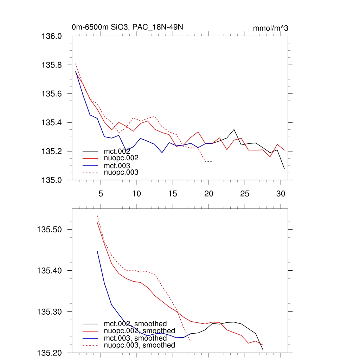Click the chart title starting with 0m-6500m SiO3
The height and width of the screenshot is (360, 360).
[x=127, y=27]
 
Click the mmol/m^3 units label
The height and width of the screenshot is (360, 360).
[x=270, y=28]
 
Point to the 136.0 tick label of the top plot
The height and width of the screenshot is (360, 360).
[x=52, y=36]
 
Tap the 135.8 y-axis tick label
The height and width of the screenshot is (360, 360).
[x=52, y=65]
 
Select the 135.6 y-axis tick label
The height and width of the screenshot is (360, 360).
[x=52, y=94]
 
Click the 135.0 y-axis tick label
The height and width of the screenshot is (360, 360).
[x=52, y=180]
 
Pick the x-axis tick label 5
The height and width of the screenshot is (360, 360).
[x=101, y=193]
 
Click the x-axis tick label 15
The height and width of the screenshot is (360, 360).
[x=172, y=193]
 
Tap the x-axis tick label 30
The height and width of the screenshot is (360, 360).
[x=280, y=193]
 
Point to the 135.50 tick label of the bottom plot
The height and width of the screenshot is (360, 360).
[x=50, y=230]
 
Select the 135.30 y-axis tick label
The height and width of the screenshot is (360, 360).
[x=50, y=312]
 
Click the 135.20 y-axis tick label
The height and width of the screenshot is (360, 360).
[x=50, y=353]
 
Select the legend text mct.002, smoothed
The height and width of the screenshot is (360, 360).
[x=135, y=324]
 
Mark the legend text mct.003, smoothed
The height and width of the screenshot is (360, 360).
[x=135, y=338]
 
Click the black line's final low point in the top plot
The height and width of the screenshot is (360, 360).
[x=284, y=169]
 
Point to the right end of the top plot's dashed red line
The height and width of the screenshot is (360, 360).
[x=212, y=162]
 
